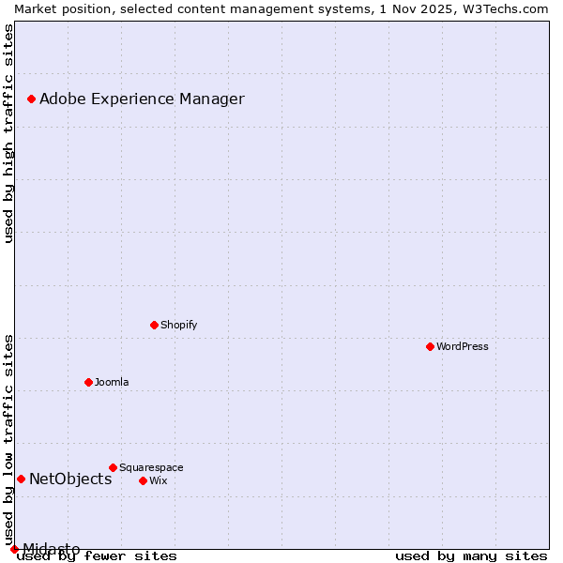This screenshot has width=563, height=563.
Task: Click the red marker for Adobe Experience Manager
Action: [x=31, y=99]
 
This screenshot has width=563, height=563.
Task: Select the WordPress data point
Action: [x=430, y=346]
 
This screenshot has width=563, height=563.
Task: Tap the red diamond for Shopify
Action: [x=154, y=325]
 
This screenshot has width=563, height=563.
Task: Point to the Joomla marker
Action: [x=88, y=382]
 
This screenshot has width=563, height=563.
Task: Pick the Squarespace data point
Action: [x=113, y=467]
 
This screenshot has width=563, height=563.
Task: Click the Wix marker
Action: [x=143, y=480]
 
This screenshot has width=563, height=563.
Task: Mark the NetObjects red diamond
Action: [x=21, y=479]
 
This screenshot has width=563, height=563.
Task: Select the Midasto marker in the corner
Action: [x=14, y=549]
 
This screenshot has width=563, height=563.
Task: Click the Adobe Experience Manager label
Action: [x=142, y=99]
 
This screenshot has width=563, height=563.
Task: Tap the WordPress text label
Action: [x=463, y=346]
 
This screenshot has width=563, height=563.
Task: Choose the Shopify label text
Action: [x=178, y=325]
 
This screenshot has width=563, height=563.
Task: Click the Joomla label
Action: [x=112, y=382]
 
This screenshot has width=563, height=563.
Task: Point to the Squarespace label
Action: [x=151, y=467]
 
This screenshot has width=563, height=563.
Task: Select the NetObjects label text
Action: [x=70, y=479]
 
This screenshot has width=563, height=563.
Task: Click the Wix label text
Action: [x=159, y=480]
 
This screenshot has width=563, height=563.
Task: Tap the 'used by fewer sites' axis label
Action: [x=97, y=555]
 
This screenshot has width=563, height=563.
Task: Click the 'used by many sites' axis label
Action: [x=471, y=555]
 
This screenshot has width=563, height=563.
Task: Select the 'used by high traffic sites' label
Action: [x=8, y=133]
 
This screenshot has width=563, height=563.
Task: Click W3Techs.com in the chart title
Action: [x=503, y=8]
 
